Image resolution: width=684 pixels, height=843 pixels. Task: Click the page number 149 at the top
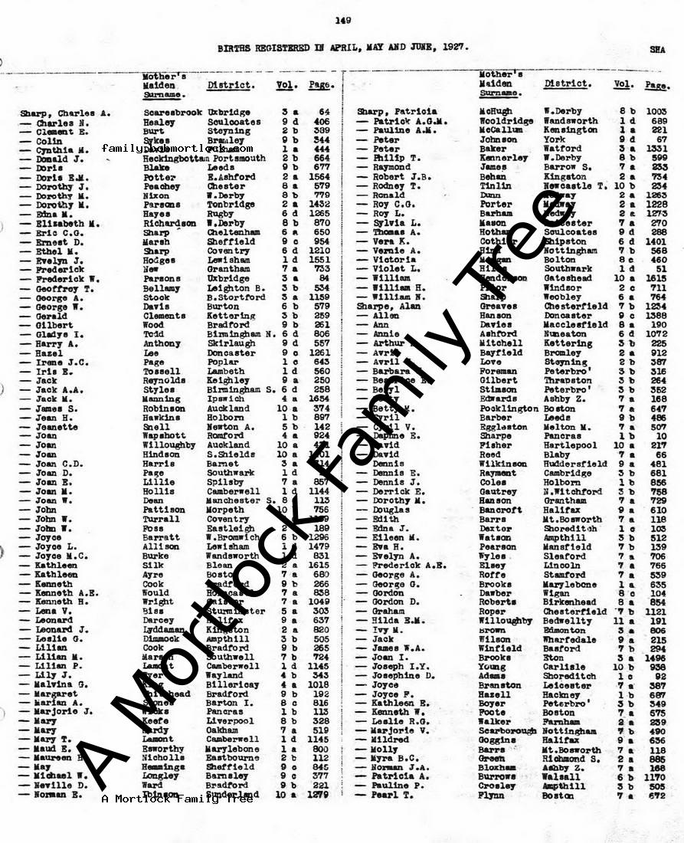click(x=342, y=21)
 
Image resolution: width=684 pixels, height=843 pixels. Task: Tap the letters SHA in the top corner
click(x=657, y=48)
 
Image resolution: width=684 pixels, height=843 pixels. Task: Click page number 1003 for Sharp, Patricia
click(x=656, y=111)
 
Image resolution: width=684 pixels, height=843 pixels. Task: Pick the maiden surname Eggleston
click(x=503, y=427)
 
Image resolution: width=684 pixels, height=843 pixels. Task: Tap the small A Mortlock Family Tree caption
click(x=176, y=799)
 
